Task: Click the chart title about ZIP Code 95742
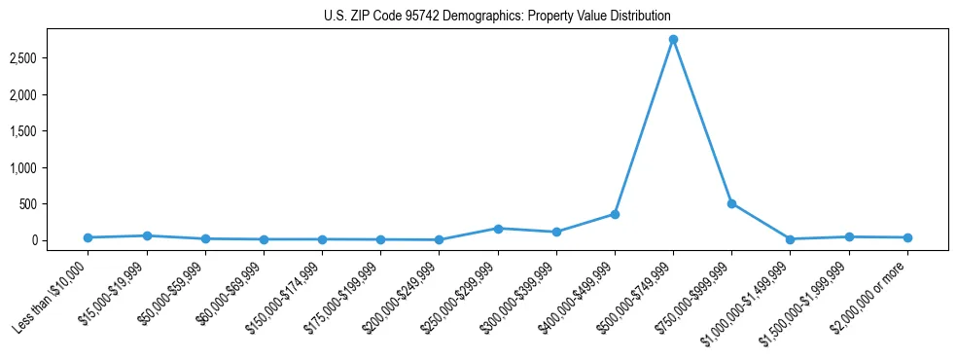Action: [497, 17]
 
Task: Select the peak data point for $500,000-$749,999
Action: [673, 40]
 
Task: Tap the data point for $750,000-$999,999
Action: [731, 203]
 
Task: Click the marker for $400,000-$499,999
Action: [615, 214]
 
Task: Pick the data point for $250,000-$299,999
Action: [498, 229]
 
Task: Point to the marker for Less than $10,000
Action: [88, 237]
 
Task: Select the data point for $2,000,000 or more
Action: [907, 237]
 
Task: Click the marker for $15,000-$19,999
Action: [147, 235]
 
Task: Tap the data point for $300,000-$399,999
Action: [556, 232]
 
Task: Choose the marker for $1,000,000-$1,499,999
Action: [790, 239]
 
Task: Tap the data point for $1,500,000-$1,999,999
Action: [849, 236]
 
